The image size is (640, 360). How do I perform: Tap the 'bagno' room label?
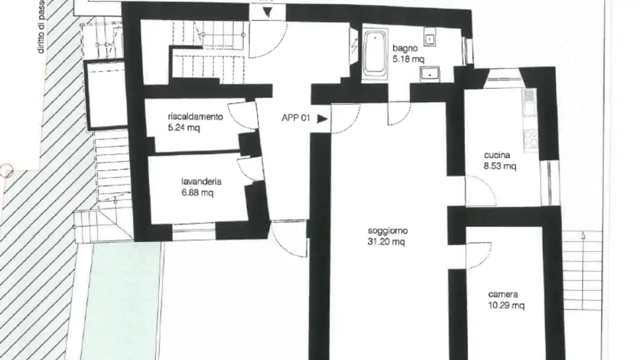(x=405, y=48)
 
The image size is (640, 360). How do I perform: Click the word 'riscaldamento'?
(x=195, y=117)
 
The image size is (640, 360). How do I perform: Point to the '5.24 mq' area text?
(x=184, y=128)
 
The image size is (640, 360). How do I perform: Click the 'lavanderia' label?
(x=201, y=181)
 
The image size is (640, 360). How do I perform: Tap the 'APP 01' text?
(x=296, y=119)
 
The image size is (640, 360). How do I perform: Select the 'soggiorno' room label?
(x=388, y=231)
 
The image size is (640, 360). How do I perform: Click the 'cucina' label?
(x=497, y=156)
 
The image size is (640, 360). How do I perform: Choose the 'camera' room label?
(x=503, y=294)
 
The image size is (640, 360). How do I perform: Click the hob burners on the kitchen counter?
(x=531, y=139)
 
